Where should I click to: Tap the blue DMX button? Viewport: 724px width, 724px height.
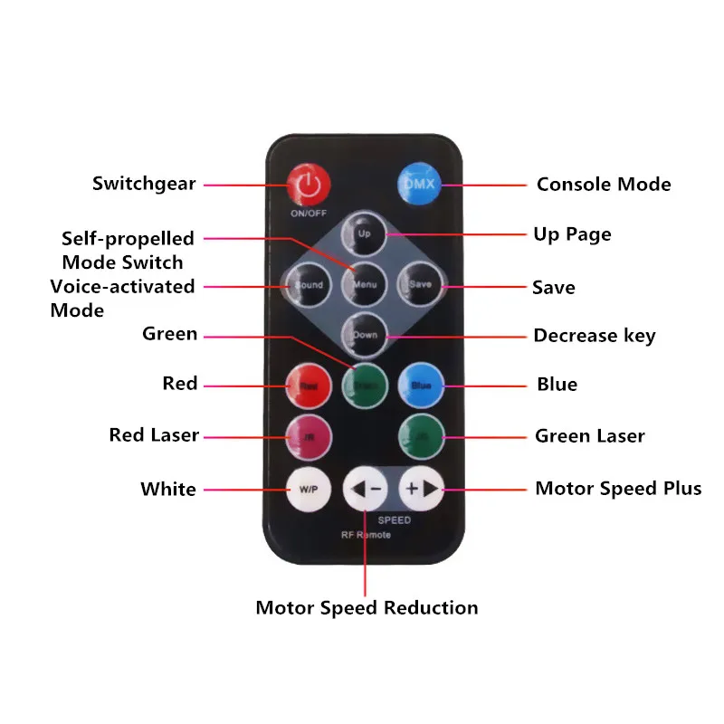click(x=419, y=184)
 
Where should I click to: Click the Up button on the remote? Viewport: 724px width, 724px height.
click(x=365, y=233)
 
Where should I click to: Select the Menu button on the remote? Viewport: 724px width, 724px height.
click(x=365, y=284)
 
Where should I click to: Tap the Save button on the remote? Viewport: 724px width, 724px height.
click(x=420, y=284)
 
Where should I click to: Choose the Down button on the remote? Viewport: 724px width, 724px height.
click(x=365, y=335)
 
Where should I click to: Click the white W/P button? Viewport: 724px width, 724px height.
click(x=309, y=489)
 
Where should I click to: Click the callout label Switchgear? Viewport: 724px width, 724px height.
click(x=144, y=184)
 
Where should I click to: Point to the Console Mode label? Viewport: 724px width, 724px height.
click(x=604, y=185)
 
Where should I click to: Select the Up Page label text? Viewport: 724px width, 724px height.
click(x=572, y=234)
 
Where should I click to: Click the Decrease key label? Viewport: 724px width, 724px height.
click(x=594, y=336)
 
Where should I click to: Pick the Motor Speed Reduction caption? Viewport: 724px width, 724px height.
click(x=367, y=607)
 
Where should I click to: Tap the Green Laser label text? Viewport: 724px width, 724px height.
click(x=589, y=436)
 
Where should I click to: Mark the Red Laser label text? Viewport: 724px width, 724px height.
click(x=154, y=435)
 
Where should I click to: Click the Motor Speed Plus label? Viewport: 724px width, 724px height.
click(x=618, y=489)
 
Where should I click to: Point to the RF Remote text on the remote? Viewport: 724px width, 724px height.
click(x=367, y=535)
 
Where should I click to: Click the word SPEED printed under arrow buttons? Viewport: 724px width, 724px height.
click(x=394, y=520)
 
